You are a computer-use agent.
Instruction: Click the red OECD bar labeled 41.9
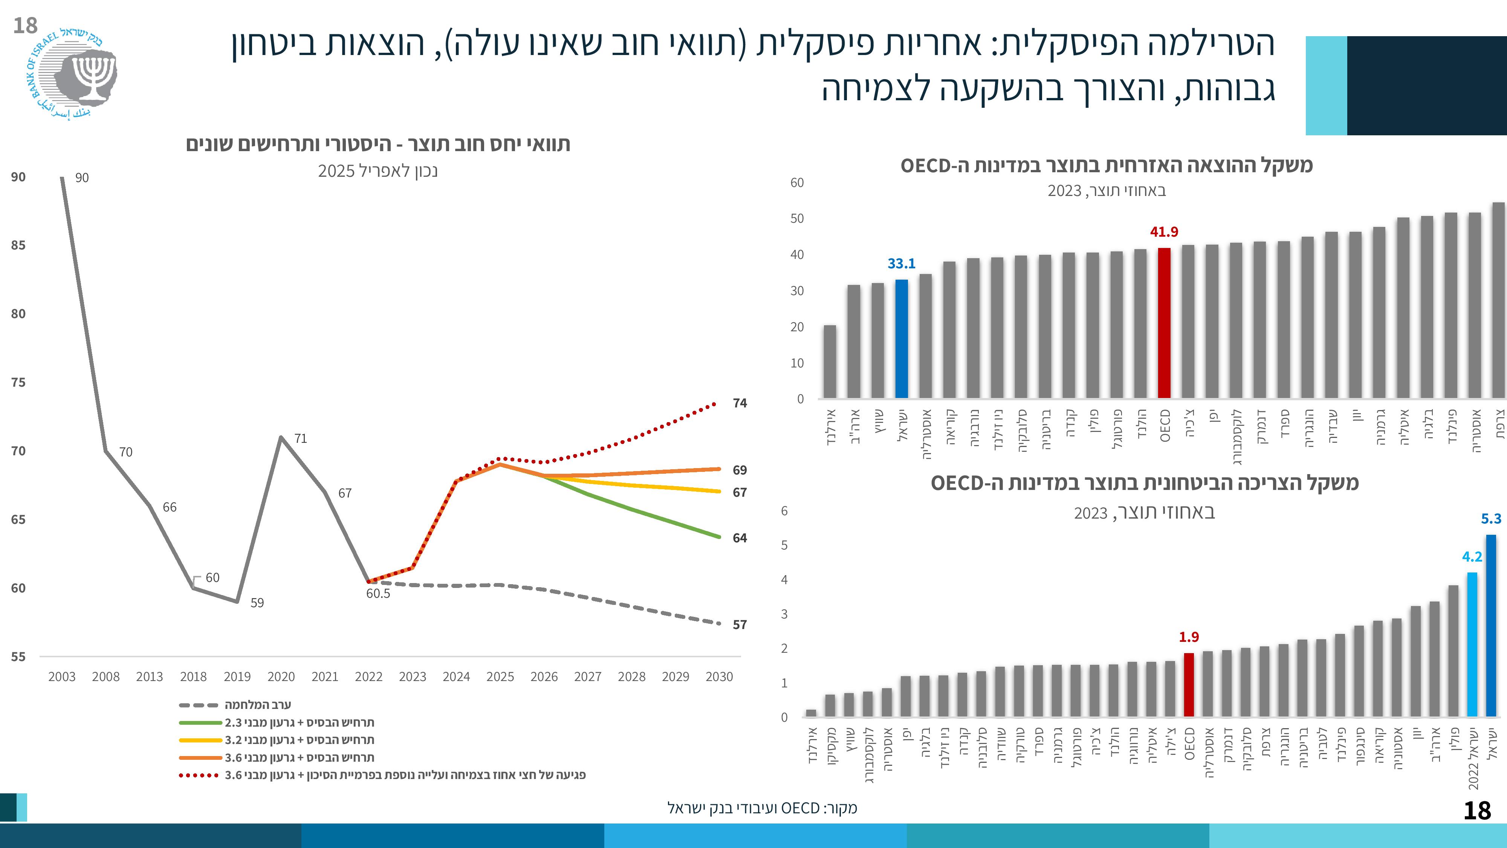click(x=1164, y=323)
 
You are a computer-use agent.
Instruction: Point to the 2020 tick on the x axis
click(x=281, y=677)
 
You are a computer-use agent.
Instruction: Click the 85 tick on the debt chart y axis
click(x=18, y=245)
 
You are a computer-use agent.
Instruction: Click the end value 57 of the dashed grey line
click(x=740, y=625)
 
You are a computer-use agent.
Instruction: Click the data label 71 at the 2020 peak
click(x=301, y=438)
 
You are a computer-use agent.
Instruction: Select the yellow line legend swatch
click(x=200, y=740)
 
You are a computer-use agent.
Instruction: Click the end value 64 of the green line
click(x=740, y=538)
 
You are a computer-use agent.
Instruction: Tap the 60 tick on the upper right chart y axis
click(x=797, y=182)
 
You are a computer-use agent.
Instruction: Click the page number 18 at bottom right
click(x=1476, y=811)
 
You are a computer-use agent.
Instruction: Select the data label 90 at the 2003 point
click(x=82, y=178)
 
